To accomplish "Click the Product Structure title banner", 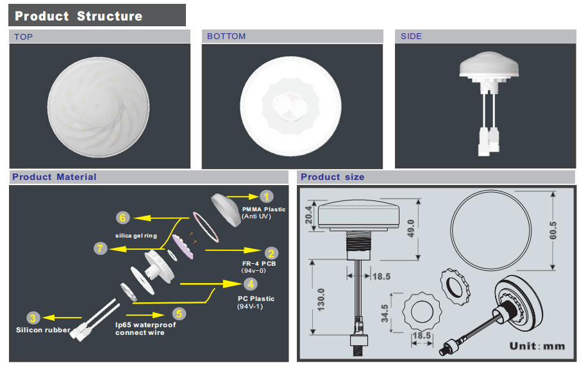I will [79, 16].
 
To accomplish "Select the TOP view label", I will [24, 37].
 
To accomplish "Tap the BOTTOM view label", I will [226, 36].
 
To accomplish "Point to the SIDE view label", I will [412, 36].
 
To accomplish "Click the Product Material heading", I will [54, 177].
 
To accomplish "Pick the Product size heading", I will [332, 177].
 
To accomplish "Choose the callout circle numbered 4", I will [251, 284].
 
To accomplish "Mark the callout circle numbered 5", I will [180, 314].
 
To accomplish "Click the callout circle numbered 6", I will [123, 217].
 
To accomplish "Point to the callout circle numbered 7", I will [99, 248].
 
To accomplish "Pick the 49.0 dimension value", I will [412, 227].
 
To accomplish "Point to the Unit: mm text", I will [537, 346].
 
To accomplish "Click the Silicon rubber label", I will [43, 330].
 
